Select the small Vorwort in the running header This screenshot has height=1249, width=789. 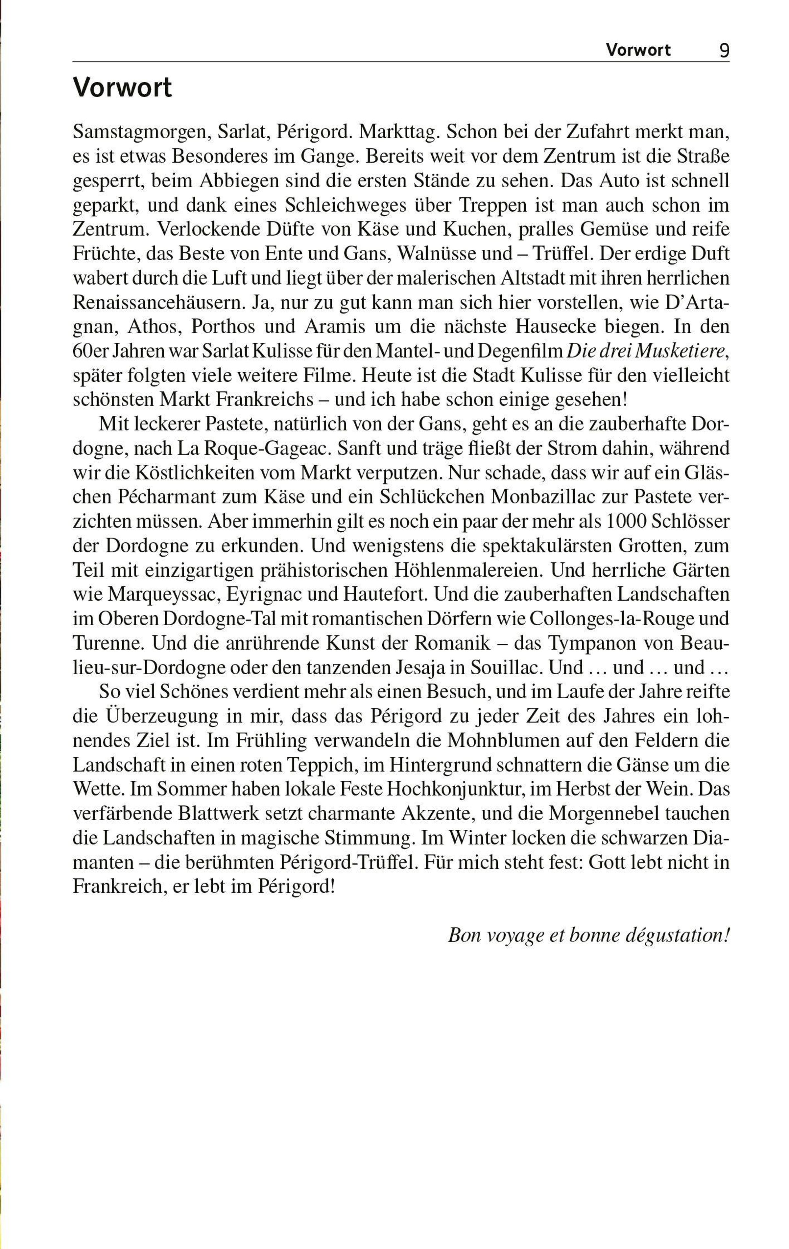638,50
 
